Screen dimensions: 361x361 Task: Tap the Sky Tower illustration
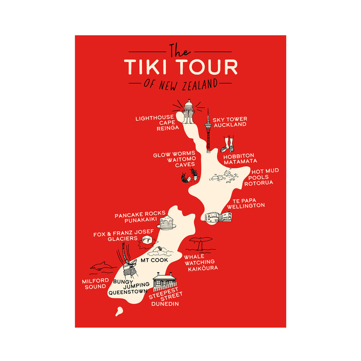(208, 131)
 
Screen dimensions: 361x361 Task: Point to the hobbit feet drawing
(228, 144)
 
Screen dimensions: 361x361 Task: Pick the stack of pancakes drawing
(167, 223)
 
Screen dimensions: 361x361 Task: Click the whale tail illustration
(201, 243)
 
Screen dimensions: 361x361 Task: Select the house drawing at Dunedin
(164, 281)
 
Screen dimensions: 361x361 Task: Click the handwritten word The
(180, 51)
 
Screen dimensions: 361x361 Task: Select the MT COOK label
(154, 260)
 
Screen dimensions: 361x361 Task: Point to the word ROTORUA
(259, 183)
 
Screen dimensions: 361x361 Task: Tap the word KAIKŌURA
(203, 268)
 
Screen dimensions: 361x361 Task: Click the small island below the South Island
(119, 311)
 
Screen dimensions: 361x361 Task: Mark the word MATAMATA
(240, 161)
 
